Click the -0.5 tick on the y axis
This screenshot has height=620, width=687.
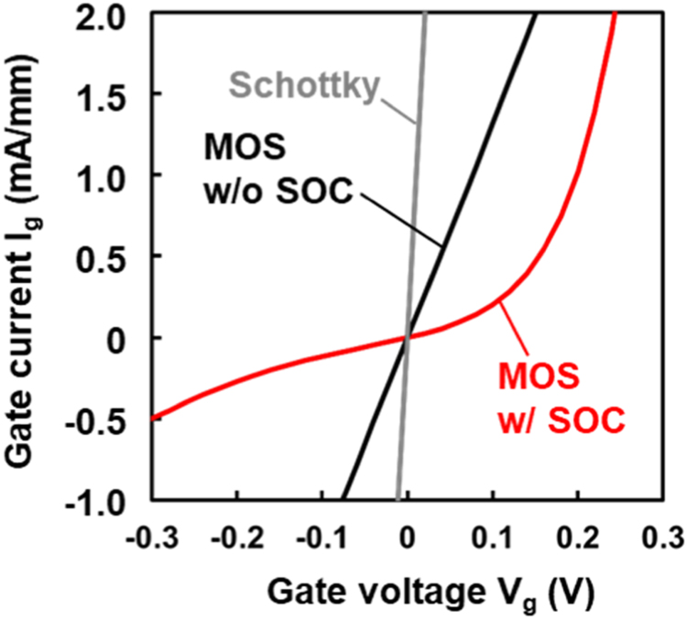(x=104, y=419)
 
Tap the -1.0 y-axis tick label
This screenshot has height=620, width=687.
(x=104, y=499)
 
